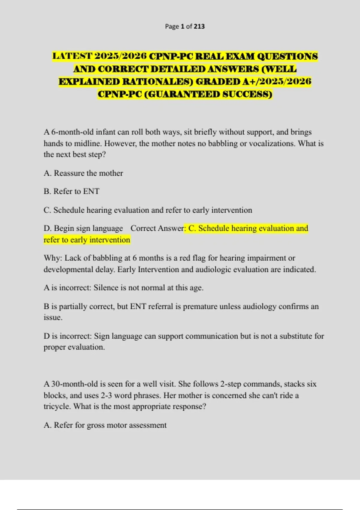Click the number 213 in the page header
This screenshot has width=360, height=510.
tap(199, 26)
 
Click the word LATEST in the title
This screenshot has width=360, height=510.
tap(72, 56)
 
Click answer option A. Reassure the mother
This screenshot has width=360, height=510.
tap(83, 173)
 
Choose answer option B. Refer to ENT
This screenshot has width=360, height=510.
tap(71, 191)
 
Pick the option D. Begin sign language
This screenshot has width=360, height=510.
tap(83, 228)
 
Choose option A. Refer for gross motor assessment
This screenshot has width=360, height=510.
tap(105, 425)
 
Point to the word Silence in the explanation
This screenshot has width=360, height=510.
tap(106, 288)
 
